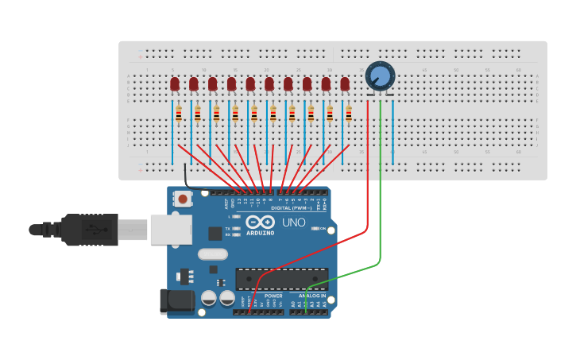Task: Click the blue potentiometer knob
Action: tap(381, 77)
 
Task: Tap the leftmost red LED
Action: tap(175, 83)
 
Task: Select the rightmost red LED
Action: tap(345, 83)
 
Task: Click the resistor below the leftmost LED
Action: tap(179, 115)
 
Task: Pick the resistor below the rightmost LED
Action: tap(349, 115)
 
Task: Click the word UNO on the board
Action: tap(294, 223)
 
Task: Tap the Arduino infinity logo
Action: tap(261, 223)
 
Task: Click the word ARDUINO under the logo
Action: tap(261, 233)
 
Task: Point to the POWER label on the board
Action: tap(273, 296)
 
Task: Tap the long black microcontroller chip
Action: tap(281, 279)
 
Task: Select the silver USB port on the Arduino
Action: tap(171, 229)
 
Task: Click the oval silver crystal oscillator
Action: tap(212, 254)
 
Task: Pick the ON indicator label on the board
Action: tap(323, 228)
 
